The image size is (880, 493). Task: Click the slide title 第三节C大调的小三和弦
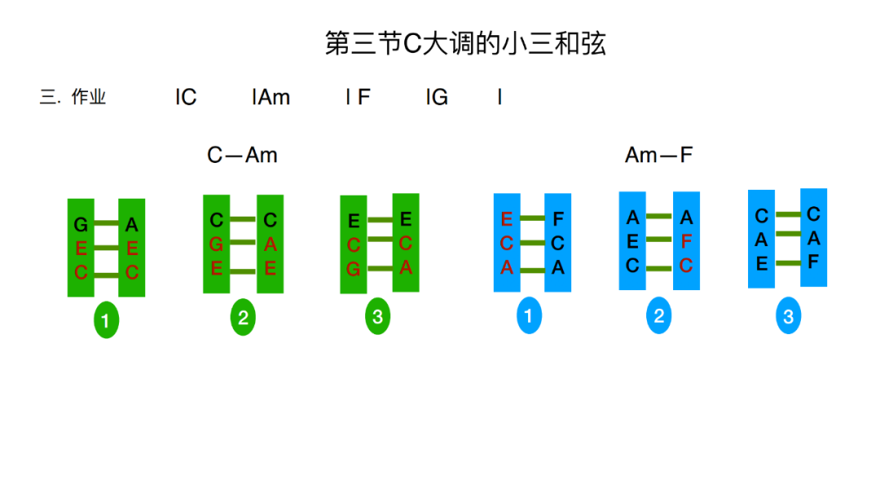(465, 44)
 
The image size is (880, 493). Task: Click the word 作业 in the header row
(89, 98)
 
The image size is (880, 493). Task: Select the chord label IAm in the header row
(271, 98)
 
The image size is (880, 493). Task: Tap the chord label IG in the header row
(437, 98)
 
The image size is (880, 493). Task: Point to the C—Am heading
(242, 155)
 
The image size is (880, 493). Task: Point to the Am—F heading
(658, 155)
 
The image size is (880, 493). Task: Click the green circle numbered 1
(106, 320)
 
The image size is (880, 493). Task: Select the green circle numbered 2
(243, 318)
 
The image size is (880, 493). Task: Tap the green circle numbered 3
(377, 317)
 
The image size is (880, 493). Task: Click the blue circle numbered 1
(529, 315)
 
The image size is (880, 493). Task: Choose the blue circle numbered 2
(659, 316)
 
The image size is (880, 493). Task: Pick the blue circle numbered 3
(788, 316)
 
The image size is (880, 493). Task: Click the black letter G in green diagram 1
(81, 225)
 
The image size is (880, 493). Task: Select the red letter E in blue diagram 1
(507, 219)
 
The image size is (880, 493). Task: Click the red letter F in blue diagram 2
(686, 241)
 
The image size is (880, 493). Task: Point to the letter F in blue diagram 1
(558, 219)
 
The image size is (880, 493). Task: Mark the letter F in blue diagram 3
(813, 262)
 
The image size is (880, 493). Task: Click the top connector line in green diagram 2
(243, 219)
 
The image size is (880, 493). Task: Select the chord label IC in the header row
(186, 98)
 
